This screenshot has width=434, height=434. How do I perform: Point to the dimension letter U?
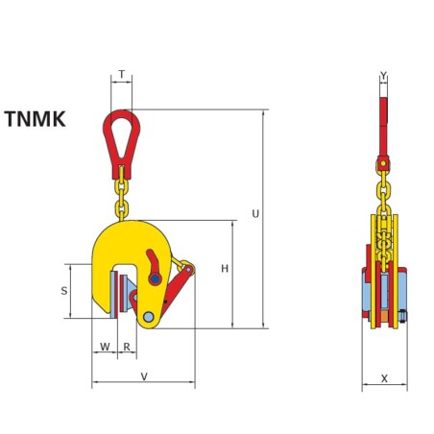(x=253, y=214)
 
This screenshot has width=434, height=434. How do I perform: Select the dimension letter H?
(x=225, y=269)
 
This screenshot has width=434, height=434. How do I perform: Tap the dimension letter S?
(x=64, y=289)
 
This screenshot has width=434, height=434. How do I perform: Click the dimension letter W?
(x=104, y=346)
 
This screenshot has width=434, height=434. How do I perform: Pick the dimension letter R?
(x=126, y=346)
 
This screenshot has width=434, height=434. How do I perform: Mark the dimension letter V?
(x=143, y=376)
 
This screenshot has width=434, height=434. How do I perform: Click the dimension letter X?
(x=384, y=378)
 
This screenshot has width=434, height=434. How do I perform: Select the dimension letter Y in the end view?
(x=383, y=75)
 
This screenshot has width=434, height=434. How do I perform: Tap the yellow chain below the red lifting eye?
(x=122, y=192)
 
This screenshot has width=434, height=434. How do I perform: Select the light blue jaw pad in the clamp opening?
(x=116, y=294)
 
